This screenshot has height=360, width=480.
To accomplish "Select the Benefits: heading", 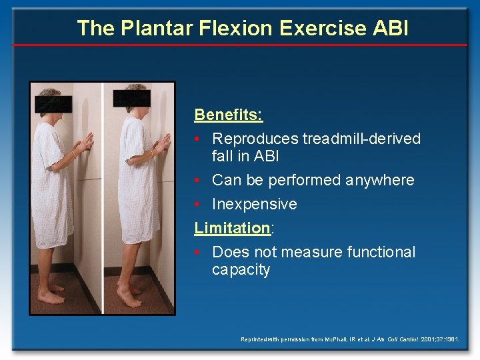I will (229, 115).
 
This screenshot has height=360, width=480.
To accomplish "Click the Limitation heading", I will (232, 228).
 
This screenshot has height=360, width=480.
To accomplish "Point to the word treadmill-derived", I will (361, 139).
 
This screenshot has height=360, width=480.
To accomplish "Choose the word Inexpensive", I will (254, 204).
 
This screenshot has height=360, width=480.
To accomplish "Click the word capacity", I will (241, 270).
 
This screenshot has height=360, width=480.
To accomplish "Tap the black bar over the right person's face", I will (131, 99).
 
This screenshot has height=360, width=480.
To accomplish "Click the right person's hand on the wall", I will (162, 141).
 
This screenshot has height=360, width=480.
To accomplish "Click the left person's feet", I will (50, 293).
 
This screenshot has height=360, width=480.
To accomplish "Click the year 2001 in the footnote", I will (429, 340).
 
